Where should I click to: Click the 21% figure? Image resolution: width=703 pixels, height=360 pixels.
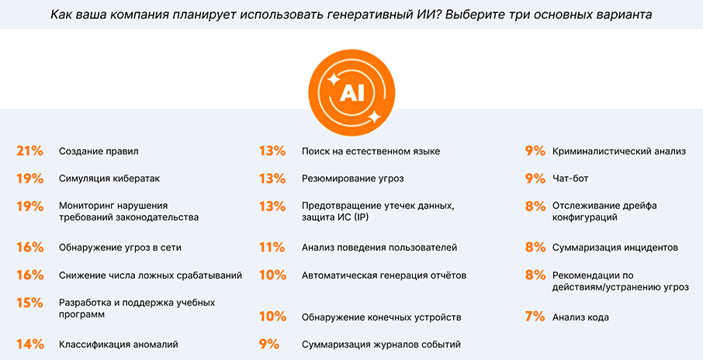(x=29, y=151)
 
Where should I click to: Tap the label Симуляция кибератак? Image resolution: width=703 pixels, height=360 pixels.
(x=109, y=178)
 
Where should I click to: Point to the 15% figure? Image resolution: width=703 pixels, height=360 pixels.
(x=29, y=303)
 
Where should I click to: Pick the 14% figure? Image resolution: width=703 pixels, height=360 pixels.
(x=29, y=344)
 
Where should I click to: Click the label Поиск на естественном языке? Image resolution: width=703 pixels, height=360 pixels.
(x=371, y=151)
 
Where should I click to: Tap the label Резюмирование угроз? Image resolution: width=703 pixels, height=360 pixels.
(x=352, y=178)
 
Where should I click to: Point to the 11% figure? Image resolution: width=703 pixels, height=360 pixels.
(x=272, y=247)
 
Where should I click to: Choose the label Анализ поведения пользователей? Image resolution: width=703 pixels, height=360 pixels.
(x=379, y=247)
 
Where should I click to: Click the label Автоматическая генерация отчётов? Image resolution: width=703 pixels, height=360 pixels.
(x=384, y=275)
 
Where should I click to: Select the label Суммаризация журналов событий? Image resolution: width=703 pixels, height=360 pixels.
(x=381, y=344)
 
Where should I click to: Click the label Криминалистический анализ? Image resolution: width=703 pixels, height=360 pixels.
(x=618, y=151)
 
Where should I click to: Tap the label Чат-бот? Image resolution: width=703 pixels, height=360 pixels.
(x=570, y=178)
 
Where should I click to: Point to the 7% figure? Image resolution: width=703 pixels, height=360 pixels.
(x=535, y=317)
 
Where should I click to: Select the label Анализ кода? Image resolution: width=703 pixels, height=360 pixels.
(x=580, y=317)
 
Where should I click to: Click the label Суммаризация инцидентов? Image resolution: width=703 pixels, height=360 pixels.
(x=615, y=247)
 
